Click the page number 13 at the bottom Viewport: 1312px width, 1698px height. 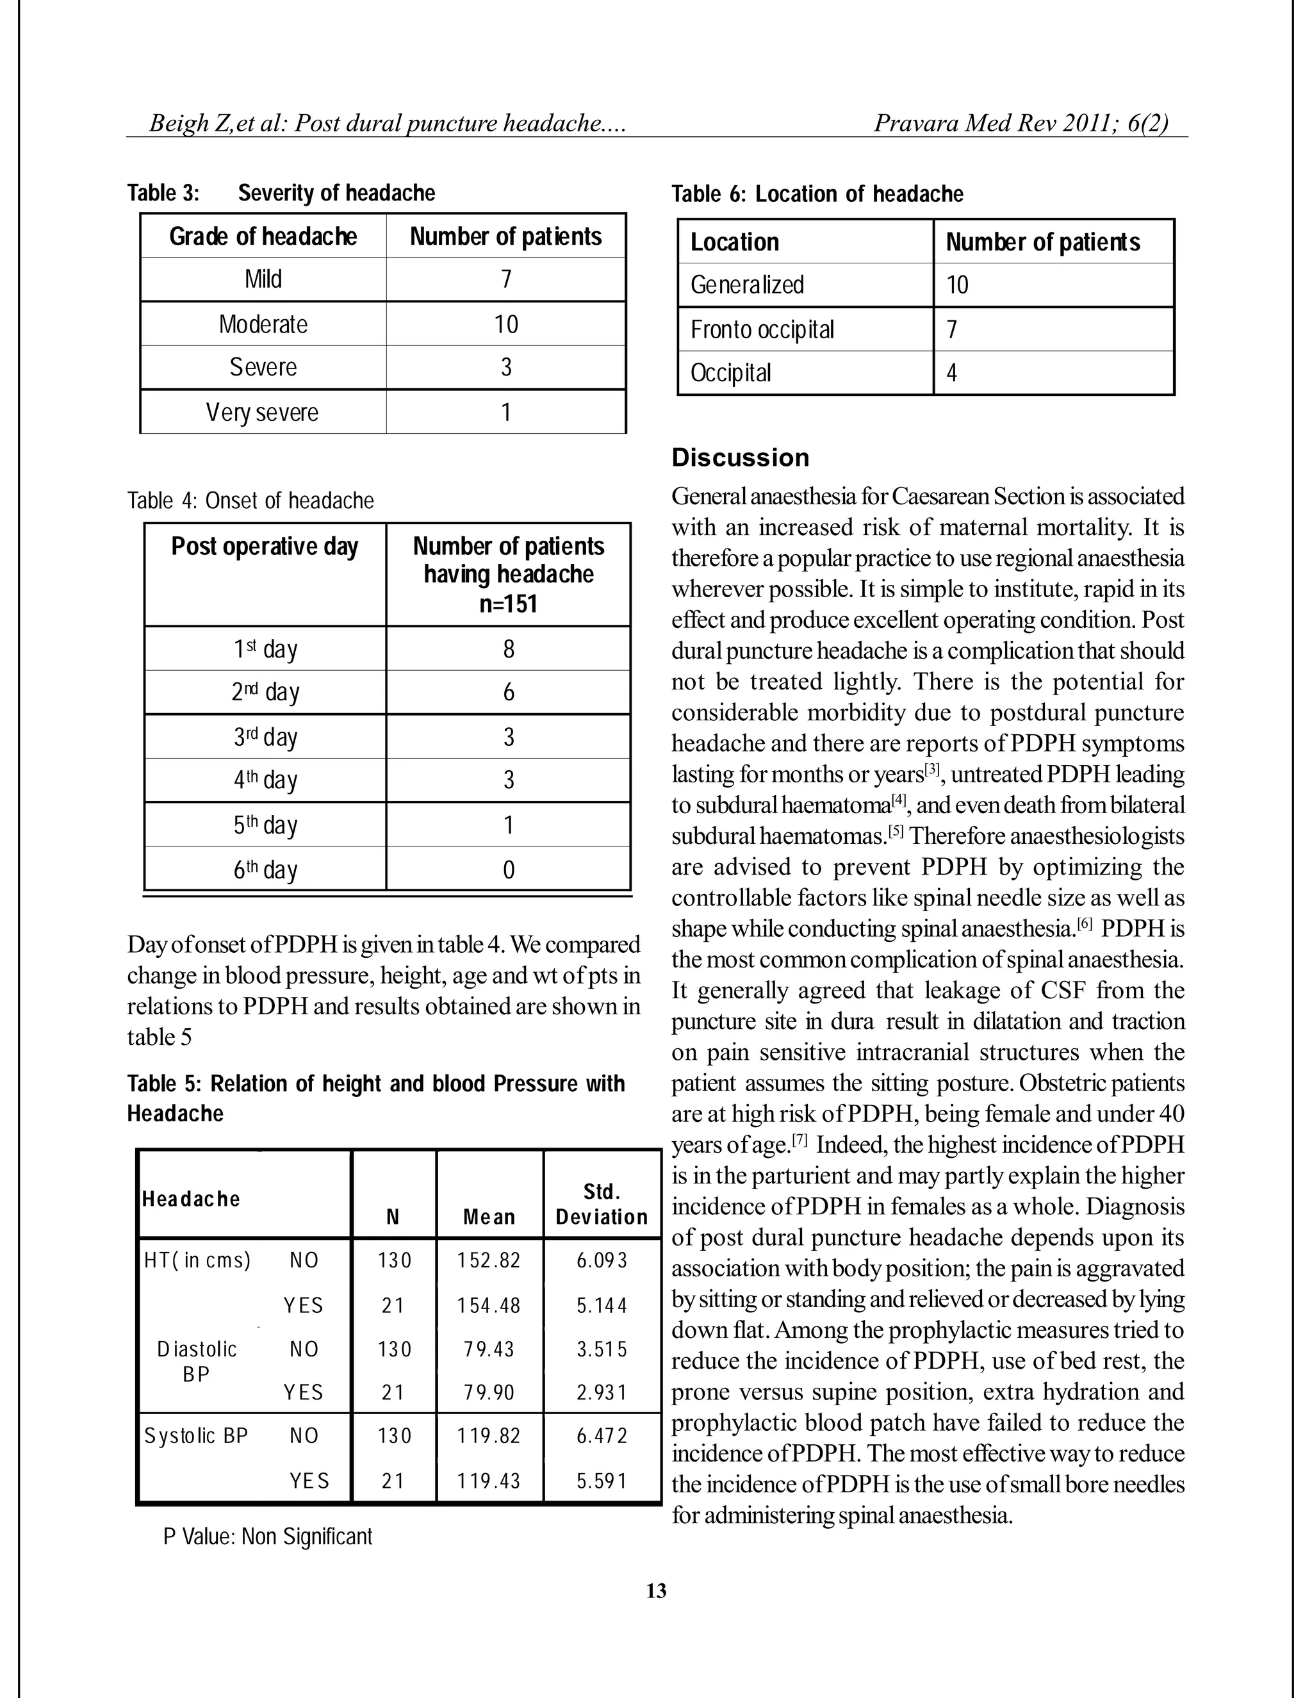[656, 1591]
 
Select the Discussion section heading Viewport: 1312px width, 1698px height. [740, 457]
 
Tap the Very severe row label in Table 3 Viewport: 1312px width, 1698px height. [263, 412]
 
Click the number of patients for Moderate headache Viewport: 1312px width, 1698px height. [506, 324]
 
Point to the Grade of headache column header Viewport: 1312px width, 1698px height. [263, 236]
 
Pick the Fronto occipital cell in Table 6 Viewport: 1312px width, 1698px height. [762, 329]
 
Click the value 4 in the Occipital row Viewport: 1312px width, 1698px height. [951, 373]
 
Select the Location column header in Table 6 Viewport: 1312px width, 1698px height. [735, 243]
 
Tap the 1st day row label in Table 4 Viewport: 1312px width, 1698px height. [265, 648]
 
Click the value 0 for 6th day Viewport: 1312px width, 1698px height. [508, 870]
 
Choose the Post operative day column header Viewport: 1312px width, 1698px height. [265, 547]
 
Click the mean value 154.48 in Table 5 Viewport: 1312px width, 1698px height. [489, 1305]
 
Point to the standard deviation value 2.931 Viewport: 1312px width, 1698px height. [602, 1392]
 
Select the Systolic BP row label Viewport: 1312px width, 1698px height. [196, 1435]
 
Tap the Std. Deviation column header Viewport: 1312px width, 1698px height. [602, 1205]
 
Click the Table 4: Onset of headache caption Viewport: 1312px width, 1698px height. [250, 500]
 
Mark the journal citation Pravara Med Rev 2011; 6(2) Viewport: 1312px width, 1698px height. [1021, 123]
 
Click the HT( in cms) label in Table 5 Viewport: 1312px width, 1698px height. [197, 1260]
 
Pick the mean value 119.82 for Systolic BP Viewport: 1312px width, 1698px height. [489, 1435]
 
